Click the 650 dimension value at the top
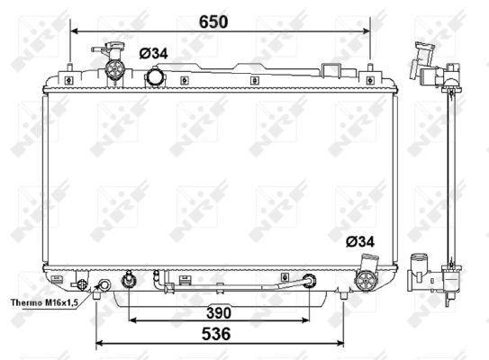213,20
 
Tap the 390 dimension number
218,312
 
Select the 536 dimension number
216,334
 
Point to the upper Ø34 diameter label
154,53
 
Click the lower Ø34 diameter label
360,241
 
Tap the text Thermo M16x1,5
43,303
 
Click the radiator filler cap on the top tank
114,65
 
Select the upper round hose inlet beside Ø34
157,77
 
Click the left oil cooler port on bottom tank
130,282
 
